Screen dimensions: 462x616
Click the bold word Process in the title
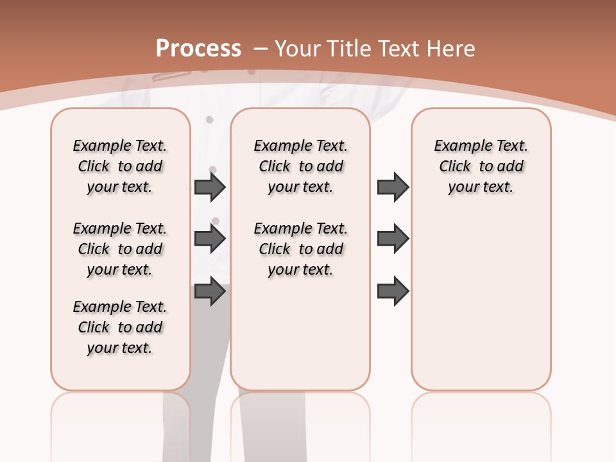coord(198,48)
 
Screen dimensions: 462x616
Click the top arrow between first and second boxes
coord(210,187)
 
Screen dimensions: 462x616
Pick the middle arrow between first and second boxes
coord(210,239)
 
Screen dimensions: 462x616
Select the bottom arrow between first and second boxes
coord(210,291)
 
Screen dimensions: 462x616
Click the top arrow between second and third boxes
coord(393,187)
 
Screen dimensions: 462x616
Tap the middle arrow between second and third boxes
coord(393,239)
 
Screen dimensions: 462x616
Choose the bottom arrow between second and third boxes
coord(393,291)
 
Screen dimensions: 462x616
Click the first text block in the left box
coord(120,166)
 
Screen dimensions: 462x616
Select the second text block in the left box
coord(120,249)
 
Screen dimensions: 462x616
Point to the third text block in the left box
coord(120,327)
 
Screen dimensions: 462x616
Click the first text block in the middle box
coord(301,166)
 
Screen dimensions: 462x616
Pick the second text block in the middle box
coord(301,249)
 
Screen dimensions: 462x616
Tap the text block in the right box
coord(481,166)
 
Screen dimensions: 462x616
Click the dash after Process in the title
coord(261,48)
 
